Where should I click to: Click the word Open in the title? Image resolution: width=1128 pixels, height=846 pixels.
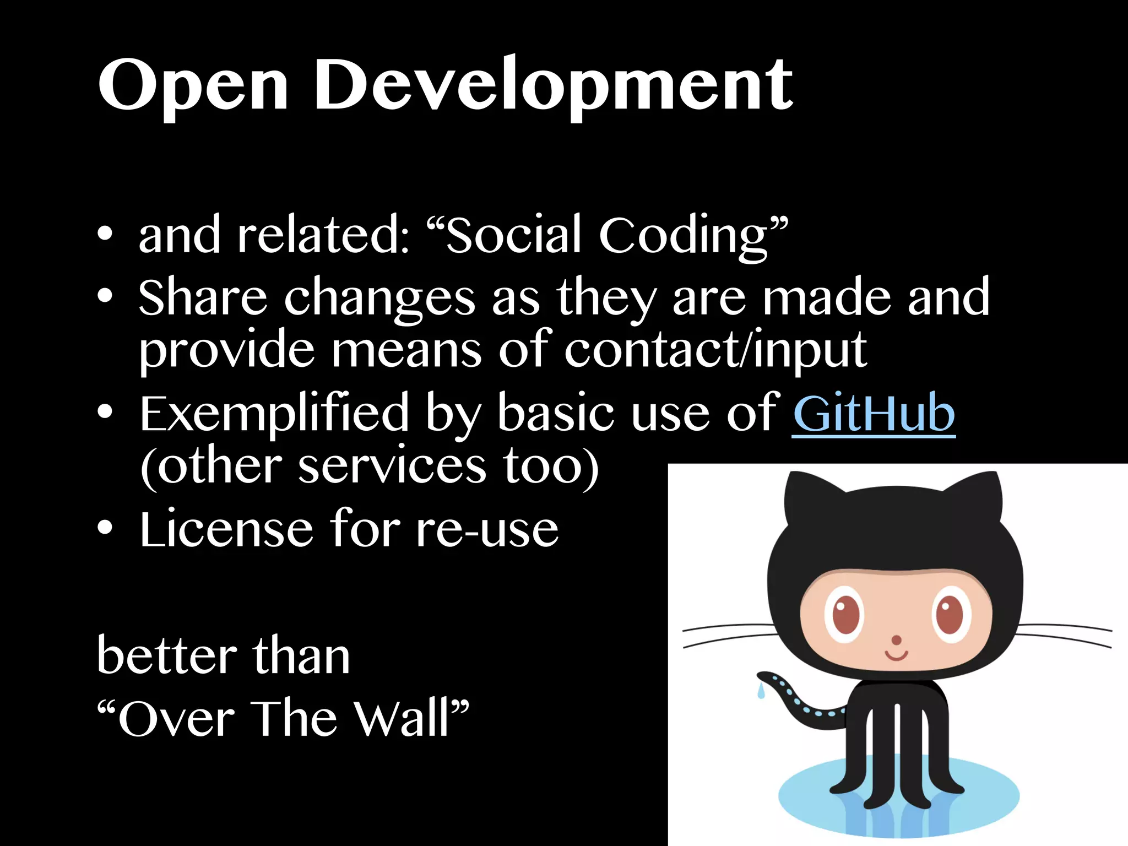[x=193, y=85]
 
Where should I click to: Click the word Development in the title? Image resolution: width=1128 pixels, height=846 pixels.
[x=553, y=85]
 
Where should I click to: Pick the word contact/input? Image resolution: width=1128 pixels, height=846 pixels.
[x=715, y=350]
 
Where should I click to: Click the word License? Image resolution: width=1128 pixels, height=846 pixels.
[x=226, y=529]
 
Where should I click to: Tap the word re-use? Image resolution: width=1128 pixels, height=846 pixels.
[x=487, y=529]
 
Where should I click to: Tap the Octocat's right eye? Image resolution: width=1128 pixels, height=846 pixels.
[x=950, y=614]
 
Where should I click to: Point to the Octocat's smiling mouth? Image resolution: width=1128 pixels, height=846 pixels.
[x=896, y=655]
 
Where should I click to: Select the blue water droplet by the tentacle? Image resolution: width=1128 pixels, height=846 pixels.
[x=761, y=691]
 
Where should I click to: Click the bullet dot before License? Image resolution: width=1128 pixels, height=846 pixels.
[x=105, y=528]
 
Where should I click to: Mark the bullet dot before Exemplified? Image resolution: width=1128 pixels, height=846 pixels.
[x=105, y=412]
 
